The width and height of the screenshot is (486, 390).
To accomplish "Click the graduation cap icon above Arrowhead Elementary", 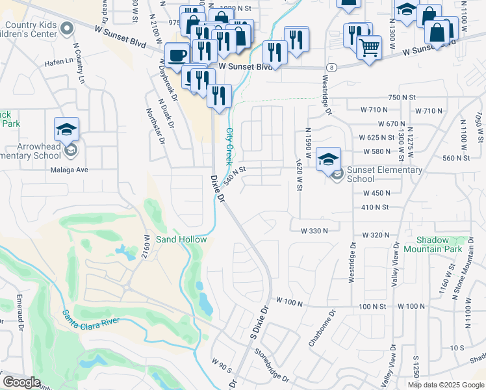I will [66, 129].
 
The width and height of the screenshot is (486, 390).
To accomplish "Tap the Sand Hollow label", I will [181, 239].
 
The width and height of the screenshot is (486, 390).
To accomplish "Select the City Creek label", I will [229, 145].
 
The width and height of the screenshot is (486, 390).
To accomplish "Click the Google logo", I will [21, 382].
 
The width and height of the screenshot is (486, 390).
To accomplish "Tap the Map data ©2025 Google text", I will [446, 385].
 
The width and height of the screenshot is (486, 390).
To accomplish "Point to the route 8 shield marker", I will [331, 67].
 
